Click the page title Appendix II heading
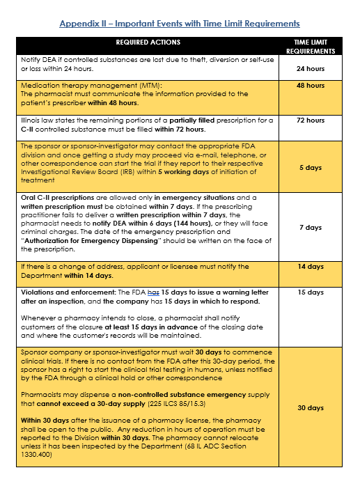pos(180,24)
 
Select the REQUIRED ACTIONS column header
pos(148,42)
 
